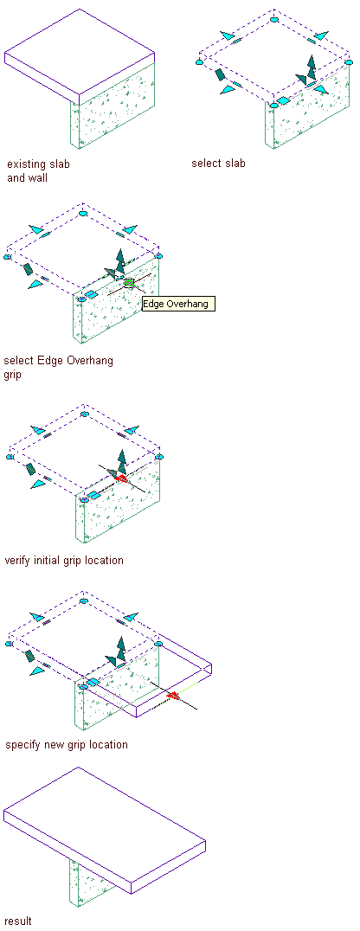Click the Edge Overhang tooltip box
[178, 304]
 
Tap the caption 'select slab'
[218, 163]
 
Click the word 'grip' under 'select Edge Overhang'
[12, 376]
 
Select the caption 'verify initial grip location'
[63, 560]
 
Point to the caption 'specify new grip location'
[66, 745]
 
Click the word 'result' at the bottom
[18, 921]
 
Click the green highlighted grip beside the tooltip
[129, 283]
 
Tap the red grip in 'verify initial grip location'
[122, 478]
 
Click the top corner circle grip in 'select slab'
[273, 20]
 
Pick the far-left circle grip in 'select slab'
[202, 61]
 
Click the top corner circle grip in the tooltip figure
[83, 213]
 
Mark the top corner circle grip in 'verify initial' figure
[84, 414]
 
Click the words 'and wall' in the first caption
[28, 177]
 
